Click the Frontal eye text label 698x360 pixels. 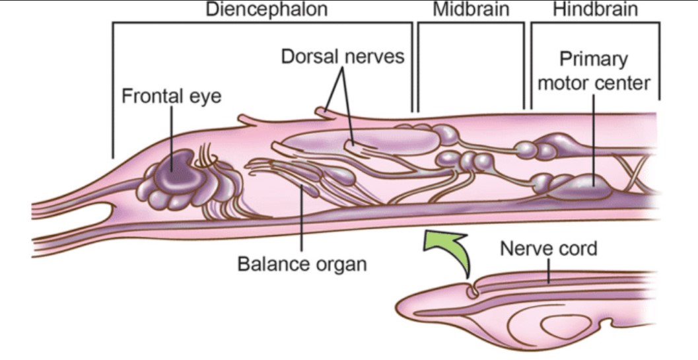click(x=172, y=95)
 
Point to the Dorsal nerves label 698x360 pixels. click(x=343, y=56)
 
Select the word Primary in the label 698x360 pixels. click(x=594, y=59)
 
